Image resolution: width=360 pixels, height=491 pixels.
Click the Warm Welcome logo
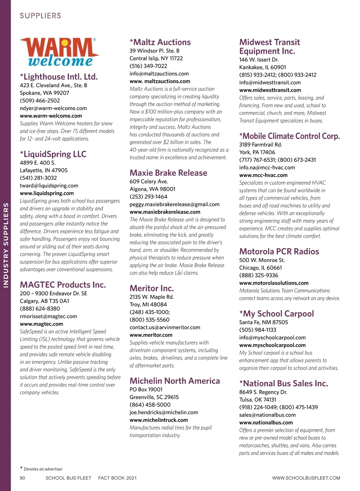click(x=59, y=52)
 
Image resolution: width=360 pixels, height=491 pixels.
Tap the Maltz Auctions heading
click(x=160, y=42)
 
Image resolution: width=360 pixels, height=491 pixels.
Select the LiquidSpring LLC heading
click(x=53, y=154)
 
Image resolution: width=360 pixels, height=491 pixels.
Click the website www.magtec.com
click(x=41, y=324)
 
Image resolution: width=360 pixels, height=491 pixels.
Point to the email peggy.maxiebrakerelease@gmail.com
click(x=174, y=204)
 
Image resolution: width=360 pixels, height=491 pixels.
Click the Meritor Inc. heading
click(x=151, y=288)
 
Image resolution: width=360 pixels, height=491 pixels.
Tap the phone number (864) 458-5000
click(x=150, y=405)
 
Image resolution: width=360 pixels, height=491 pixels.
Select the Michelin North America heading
click(x=175, y=381)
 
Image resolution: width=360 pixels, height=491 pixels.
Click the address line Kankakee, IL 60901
click(x=262, y=67)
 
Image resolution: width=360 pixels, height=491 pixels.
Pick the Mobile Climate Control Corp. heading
click(x=289, y=136)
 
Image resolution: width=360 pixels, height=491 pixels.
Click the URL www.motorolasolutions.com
click(x=274, y=283)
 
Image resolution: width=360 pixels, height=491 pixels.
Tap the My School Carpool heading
click(x=276, y=314)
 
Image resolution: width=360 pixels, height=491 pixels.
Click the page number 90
click(x=22, y=478)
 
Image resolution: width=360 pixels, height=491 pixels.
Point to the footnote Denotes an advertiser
click(x=43, y=469)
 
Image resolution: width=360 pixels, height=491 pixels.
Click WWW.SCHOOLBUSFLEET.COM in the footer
click(x=306, y=478)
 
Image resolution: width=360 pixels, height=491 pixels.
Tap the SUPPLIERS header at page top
click(x=40, y=16)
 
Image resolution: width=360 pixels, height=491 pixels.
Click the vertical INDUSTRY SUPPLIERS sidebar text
click(x=6, y=245)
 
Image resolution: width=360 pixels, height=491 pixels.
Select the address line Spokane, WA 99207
click(x=44, y=93)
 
